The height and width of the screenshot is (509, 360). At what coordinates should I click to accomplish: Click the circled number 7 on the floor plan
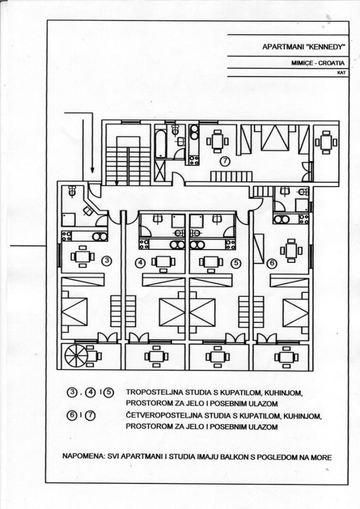pos(224,160)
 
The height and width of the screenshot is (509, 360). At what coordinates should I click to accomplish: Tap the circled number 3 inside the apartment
pos(107,260)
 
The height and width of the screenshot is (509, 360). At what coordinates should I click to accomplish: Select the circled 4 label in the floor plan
pos(140,262)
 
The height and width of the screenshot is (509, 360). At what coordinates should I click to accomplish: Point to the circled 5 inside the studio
pos(236,262)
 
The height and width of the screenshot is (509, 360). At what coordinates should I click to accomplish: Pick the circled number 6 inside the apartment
pos(272,264)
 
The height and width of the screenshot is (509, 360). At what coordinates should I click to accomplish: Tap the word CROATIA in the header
pos(331,63)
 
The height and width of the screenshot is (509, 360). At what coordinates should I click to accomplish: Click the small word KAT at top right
pos(341,73)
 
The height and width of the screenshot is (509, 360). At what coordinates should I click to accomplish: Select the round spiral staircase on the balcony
pos(76,355)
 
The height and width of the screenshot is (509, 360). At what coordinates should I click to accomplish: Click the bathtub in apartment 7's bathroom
pos(160,144)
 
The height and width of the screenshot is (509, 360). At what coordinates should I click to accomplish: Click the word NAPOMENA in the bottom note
pos(82,457)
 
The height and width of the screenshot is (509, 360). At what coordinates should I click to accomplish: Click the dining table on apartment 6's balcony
pos(286,357)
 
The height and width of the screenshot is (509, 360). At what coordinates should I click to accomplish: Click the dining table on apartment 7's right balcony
pos(326,142)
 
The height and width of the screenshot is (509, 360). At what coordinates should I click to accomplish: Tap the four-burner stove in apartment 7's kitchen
pos(194,160)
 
